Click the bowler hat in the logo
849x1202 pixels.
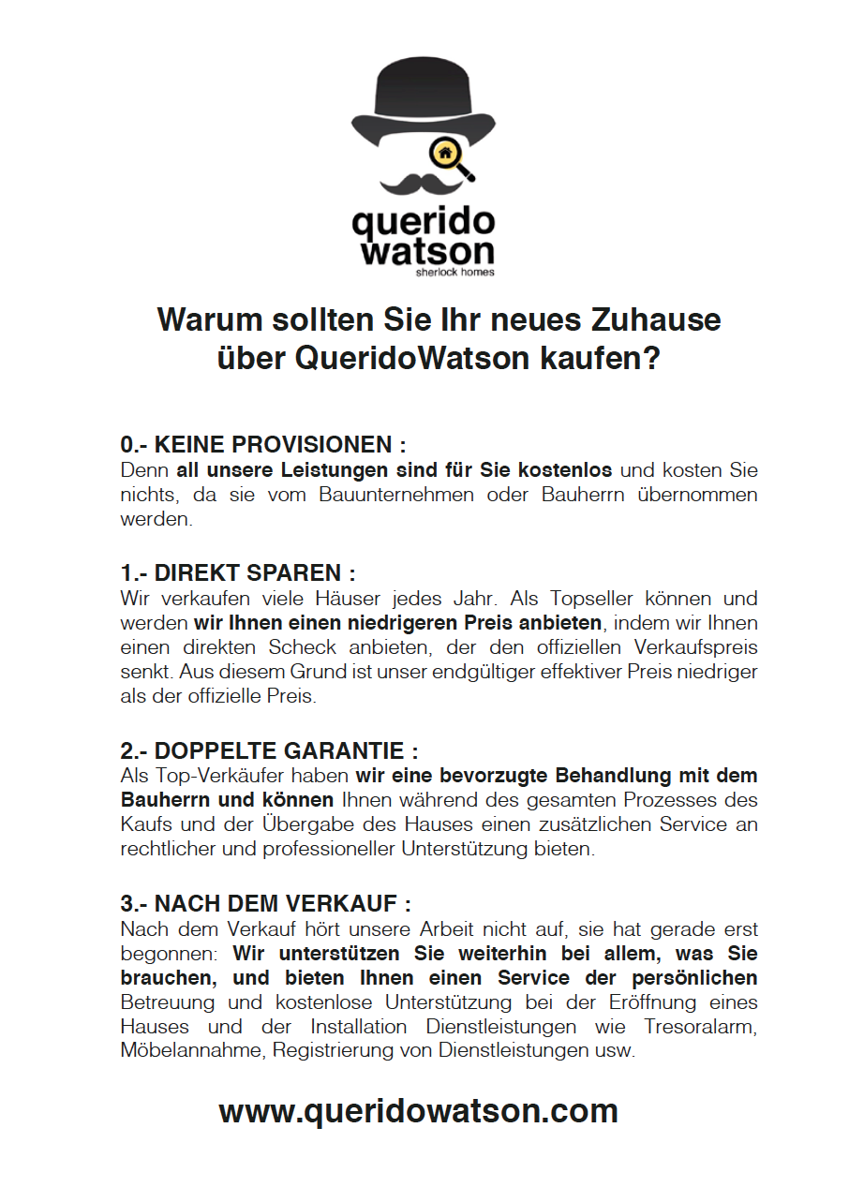tap(423, 103)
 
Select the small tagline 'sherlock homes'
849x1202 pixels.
tap(454, 273)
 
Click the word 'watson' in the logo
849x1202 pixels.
tap(427, 251)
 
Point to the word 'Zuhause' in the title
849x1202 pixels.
tap(655, 319)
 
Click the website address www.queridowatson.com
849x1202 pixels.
tap(418, 1111)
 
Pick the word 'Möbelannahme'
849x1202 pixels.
tap(192, 1051)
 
